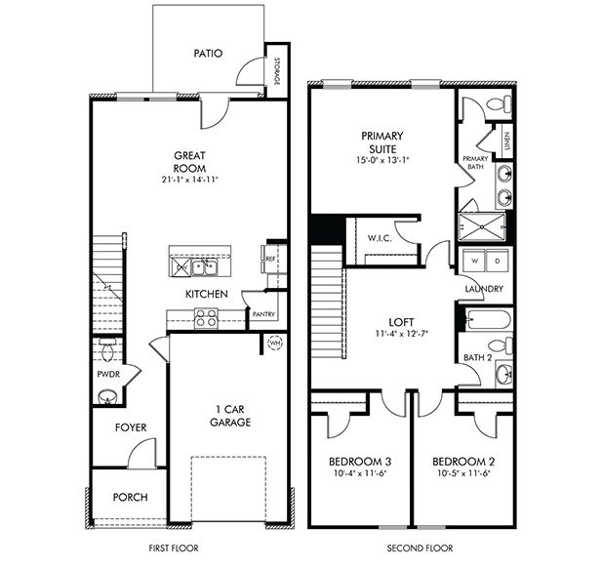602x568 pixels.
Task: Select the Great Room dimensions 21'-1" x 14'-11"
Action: tap(190, 180)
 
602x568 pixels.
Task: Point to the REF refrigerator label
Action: tap(268, 259)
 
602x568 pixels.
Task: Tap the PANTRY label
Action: tap(262, 314)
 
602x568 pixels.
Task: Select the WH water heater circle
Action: tap(274, 343)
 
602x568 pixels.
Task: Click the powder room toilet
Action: tap(107, 349)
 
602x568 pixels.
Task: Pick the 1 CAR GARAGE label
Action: tap(229, 416)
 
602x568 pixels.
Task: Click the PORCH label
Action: tap(130, 497)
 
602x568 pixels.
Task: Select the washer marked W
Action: tap(475, 262)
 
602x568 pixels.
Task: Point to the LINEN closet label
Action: tap(507, 142)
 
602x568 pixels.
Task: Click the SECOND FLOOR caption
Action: tap(410, 548)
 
